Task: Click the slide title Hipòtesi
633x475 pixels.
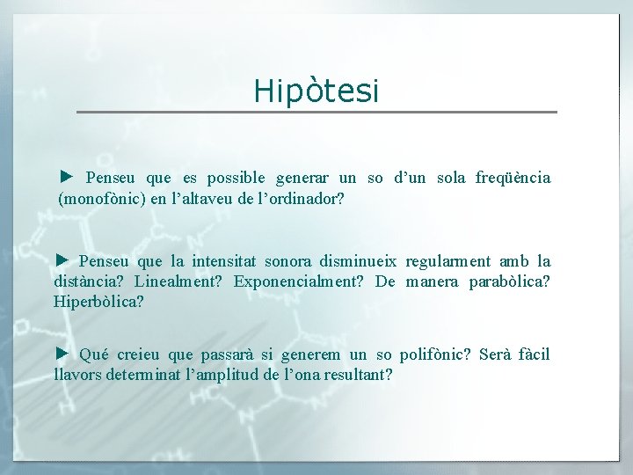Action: point(316,91)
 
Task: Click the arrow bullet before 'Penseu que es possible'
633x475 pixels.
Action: point(66,177)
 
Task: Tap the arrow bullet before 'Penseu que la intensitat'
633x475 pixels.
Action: point(61,259)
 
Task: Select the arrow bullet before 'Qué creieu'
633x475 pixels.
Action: point(61,354)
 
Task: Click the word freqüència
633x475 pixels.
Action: point(513,179)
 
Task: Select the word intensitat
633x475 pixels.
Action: point(229,261)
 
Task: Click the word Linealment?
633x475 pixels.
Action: point(181,281)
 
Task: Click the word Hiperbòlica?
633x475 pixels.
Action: point(98,302)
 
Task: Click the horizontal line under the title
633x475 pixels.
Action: point(316,112)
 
